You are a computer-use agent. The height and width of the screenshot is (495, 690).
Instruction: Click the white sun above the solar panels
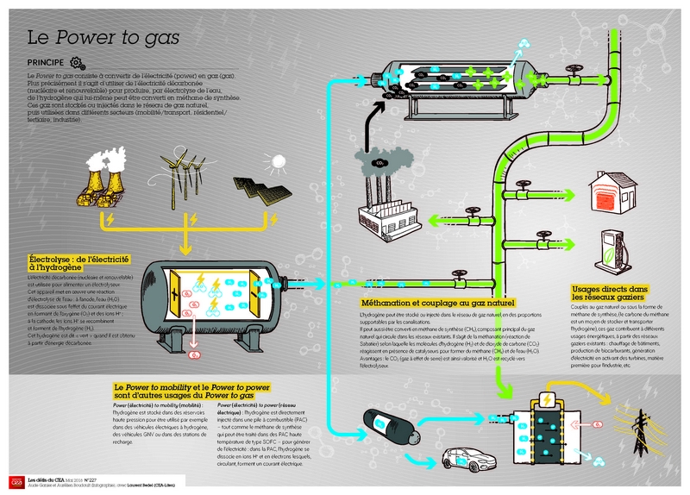tap(278, 160)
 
